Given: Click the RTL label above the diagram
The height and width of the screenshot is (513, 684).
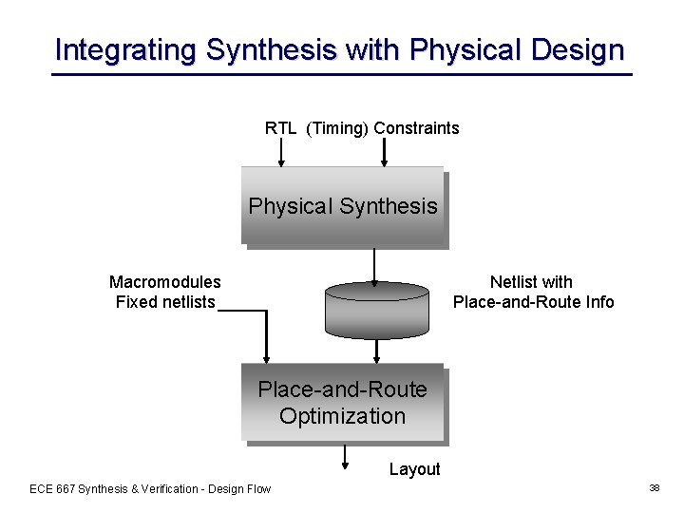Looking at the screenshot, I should pyautogui.click(x=280, y=128).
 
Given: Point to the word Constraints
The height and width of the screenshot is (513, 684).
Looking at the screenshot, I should pyautogui.click(x=416, y=128).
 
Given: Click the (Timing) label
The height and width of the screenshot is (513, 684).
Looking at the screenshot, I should pyautogui.click(x=337, y=128).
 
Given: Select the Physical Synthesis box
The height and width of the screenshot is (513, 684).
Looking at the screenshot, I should pyautogui.click(x=343, y=206).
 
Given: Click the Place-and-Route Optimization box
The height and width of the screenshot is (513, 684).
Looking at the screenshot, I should pyautogui.click(x=343, y=403).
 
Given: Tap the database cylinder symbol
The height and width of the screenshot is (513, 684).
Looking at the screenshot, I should pyautogui.click(x=377, y=310).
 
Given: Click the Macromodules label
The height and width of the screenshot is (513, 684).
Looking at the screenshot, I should pyautogui.click(x=165, y=282).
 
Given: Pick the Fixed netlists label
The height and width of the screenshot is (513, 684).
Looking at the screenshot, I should pyautogui.click(x=165, y=302).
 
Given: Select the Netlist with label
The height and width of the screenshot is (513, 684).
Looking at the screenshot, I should pyautogui.click(x=531, y=282).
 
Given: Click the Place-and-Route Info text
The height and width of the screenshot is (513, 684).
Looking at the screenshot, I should pyautogui.click(x=534, y=302).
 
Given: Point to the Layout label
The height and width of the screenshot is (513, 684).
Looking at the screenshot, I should pyautogui.click(x=415, y=469).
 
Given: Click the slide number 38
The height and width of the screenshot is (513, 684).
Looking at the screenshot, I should pyautogui.click(x=655, y=487).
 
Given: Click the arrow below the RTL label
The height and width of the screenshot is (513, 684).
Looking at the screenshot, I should pyautogui.click(x=280, y=152).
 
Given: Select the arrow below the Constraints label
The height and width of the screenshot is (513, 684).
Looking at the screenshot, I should pyautogui.click(x=383, y=152).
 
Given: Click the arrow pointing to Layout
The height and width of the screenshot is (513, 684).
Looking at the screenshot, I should pyautogui.click(x=345, y=458).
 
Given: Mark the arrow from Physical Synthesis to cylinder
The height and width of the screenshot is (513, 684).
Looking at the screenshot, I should pyautogui.click(x=376, y=266).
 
